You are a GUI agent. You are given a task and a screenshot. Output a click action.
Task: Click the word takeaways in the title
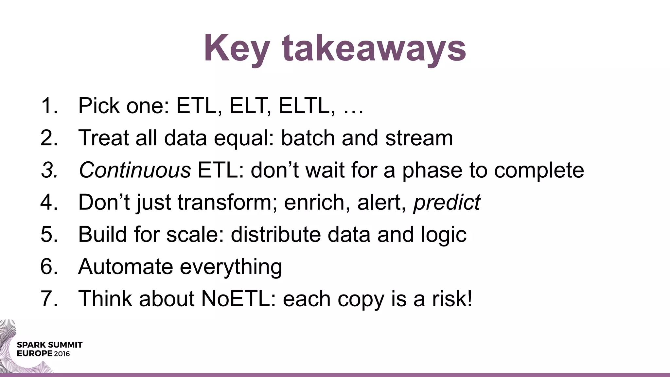pos(374,49)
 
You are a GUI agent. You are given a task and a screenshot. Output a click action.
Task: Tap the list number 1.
pos(49,106)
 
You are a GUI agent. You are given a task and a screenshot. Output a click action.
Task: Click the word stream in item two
pos(419,138)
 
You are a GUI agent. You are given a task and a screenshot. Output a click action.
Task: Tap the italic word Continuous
pos(134,170)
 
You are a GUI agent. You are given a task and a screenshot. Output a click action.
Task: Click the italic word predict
pos(447,203)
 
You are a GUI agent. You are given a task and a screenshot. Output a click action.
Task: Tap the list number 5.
pos(49,234)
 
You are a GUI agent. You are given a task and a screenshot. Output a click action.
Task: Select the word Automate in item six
pos(125,266)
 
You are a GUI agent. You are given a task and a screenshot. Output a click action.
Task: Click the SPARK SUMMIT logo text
pos(49,345)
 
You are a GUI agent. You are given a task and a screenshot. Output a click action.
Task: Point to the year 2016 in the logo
pos(62,354)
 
